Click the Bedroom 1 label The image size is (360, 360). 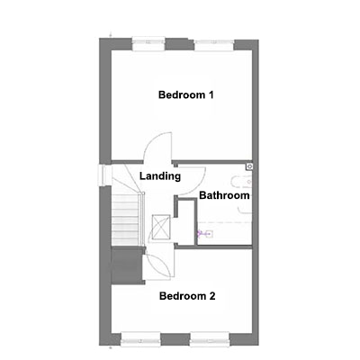(x=186, y=95)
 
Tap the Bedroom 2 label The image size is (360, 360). (x=187, y=296)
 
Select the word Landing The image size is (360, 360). (x=160, y=176)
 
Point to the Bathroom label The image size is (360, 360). (x=224, y=195)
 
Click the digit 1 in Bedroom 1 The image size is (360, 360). (x=211, y=95)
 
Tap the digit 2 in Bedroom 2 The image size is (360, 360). (x=212, y=296)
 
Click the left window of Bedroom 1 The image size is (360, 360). (x=148, y=44)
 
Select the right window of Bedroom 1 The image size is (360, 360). (x=214, y=45)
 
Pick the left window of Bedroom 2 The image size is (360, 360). (x=140, y=338)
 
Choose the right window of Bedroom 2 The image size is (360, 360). (x=210, y=338)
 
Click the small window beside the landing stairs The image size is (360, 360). (x=101, y=175)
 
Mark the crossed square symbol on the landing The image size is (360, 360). (x=161, y=227)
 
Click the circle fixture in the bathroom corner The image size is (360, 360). (x=250, y=166)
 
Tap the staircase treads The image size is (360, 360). (x=126, y=220)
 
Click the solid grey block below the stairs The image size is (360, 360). (x=127, y=265)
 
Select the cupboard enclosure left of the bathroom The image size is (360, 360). (x=186, y=222)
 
